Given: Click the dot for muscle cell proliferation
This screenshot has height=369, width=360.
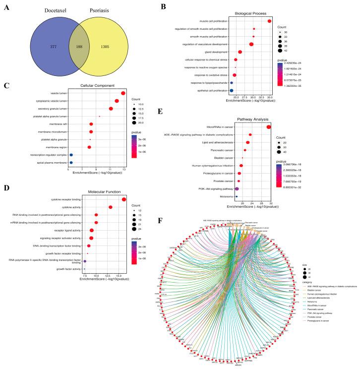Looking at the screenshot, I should tap(269, 21).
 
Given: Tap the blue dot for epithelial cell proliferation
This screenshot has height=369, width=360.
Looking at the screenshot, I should tap(232, 91).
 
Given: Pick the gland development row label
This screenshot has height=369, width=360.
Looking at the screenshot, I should tap(216, 52).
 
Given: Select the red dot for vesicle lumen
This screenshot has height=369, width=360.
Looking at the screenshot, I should tap(123, 93).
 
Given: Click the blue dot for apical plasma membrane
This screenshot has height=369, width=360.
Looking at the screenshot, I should tap(71, 162).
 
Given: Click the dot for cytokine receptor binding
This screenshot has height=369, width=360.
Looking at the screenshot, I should tap(124, 199).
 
